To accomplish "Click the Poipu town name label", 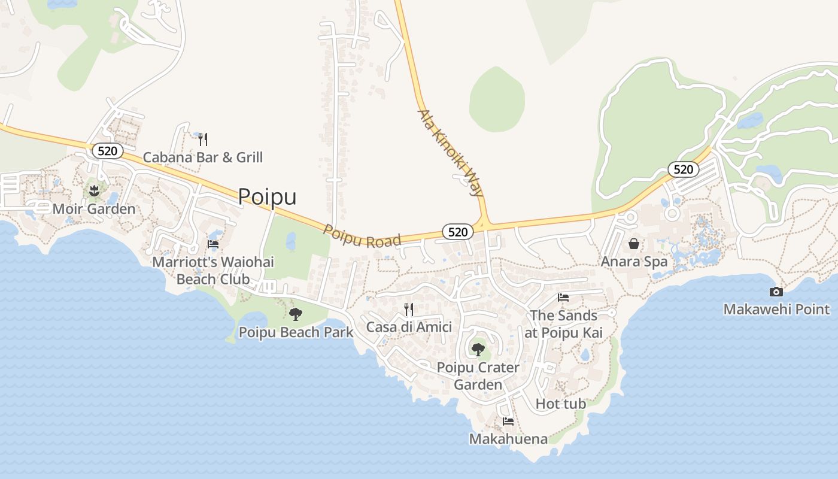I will pos(267,196).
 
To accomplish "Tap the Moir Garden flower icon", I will pos(93,192).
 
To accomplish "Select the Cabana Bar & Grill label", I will pos(202,157).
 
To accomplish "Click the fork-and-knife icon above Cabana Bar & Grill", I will pos(203,140).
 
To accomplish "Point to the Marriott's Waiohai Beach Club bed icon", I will pos(213,244).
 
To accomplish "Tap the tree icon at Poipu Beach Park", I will pos(295,314).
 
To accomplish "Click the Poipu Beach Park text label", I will pos(296,332).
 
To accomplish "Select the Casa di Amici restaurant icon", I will pos(409,310).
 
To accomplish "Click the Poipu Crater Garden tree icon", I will pos(478,348).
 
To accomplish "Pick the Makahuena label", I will pos(508,439).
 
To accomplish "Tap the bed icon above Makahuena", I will pos(508,421).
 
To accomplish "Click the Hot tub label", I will pos(561,404).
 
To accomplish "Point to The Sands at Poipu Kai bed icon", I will pos(563,297).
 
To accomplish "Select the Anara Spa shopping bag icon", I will pos(634,244).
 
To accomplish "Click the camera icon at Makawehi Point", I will pos(776,292).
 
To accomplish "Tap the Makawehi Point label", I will pos(776,310).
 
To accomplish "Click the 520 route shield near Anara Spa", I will pos(683,169).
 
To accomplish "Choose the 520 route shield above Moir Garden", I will pos(108,151).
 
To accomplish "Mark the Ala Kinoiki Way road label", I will pos(450,153).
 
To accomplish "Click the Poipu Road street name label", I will pos(362,236).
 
